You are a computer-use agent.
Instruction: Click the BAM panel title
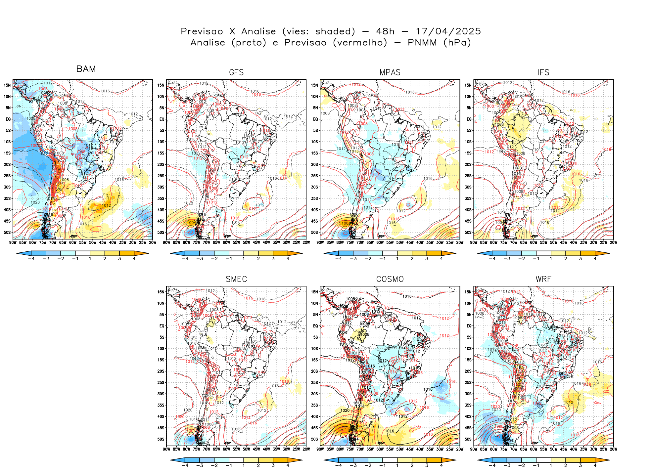[x=86, y=69]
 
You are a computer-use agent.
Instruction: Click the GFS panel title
[x=236, y=72]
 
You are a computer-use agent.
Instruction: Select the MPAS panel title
[x=390, y=72]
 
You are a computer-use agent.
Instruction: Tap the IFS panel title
[x=543, y=72]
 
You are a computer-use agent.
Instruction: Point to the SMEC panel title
[x=236, y=279]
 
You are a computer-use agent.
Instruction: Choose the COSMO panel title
[x=390, y=279]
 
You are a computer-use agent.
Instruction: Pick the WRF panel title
[x=543, y=279]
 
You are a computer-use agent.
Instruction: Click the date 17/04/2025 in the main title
[x=448, y=31]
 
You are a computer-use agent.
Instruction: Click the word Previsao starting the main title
[x=202, y=31]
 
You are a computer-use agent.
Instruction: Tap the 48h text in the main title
[x=385, y=31]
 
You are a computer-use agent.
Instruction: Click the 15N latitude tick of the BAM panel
[x=7, y=85]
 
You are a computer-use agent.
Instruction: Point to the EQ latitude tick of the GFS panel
[x=162, y=119]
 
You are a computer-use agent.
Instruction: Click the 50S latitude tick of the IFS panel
[x=468, y=232]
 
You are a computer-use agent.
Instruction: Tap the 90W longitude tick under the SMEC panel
[x=166, y=449]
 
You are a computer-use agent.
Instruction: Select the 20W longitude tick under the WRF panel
[x=614, y=449]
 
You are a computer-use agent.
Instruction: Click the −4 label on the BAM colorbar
[x=31, y=259]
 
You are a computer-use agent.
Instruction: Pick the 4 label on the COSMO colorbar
[x=441, y=465]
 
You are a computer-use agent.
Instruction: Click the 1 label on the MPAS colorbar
[x=397, y=259]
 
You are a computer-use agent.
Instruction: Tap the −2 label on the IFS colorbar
[x=522, y=259]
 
